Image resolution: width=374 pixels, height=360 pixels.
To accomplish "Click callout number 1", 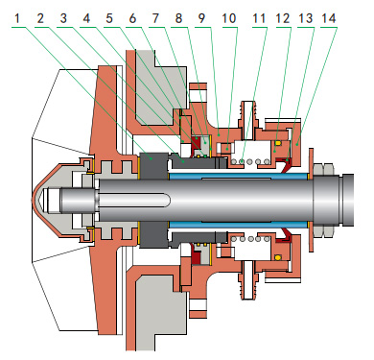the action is pyautogui.click(x=17, y=18).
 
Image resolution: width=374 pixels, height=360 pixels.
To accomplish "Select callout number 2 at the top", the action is pyautogui.click(x=40, y=18).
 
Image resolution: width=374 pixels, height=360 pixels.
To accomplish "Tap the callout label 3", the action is pyautogui.click(x=63, y=18).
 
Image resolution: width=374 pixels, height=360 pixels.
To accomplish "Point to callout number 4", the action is pyautogui.click(x=86, y=18).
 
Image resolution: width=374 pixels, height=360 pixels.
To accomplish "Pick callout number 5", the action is pyautogui.click(x=109, y=18).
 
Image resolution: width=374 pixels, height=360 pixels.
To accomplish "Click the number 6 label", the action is pyautogui.click(x=132, y=18).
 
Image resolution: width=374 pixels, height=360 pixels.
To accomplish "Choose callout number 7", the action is pyautogui.click(x=155, y=18).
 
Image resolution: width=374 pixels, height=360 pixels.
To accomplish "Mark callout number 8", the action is pyautogui.click(x=178, y=18).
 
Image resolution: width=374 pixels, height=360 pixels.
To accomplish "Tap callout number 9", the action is pyautogui.click(x=201, y=18).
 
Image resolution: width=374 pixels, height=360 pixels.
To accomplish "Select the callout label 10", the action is pyautogui.click(x=229, y=18).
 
